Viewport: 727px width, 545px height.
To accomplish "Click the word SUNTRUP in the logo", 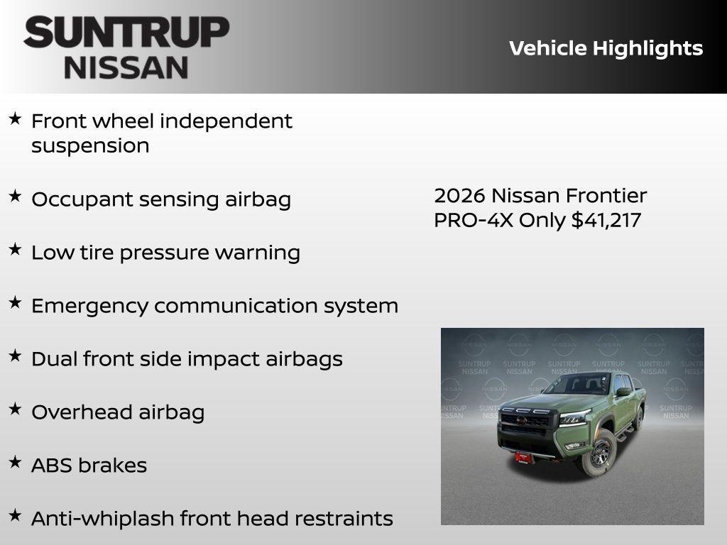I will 126,33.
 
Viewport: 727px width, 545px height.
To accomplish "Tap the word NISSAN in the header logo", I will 126,67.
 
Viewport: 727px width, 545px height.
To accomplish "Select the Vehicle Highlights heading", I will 606,48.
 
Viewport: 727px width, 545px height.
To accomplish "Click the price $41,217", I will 606,220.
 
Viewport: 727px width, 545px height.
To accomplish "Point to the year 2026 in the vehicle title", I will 459,195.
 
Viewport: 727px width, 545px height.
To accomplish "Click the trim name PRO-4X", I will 474,220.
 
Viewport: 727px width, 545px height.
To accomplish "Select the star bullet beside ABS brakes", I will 15,462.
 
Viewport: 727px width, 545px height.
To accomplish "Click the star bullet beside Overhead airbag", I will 15,409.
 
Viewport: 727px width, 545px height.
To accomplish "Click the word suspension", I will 90,146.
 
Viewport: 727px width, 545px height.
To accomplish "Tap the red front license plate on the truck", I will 525,458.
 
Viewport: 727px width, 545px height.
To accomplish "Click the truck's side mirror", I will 623,392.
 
